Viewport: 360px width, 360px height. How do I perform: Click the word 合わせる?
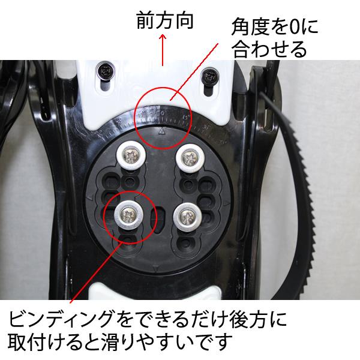[x=268, y=49]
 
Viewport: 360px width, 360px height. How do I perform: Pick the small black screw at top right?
[x=210, y=76]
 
